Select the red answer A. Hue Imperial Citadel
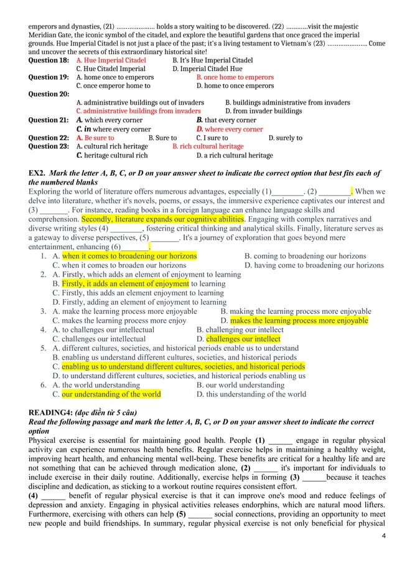click(111, 60)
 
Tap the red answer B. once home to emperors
click(235, 77)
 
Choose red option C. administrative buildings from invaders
click(138, 111)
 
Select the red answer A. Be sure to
click(95, 138)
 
